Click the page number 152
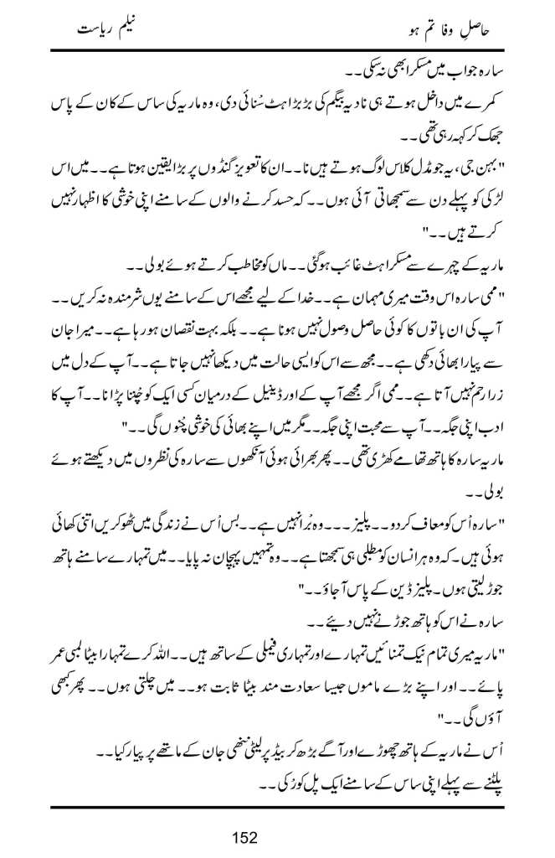click(244, 836)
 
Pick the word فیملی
click(248, 628)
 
